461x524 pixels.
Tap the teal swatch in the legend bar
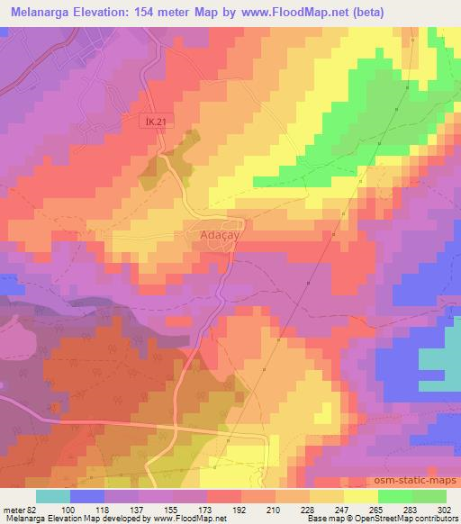(52, 497)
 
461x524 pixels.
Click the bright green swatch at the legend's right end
(429, 497)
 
